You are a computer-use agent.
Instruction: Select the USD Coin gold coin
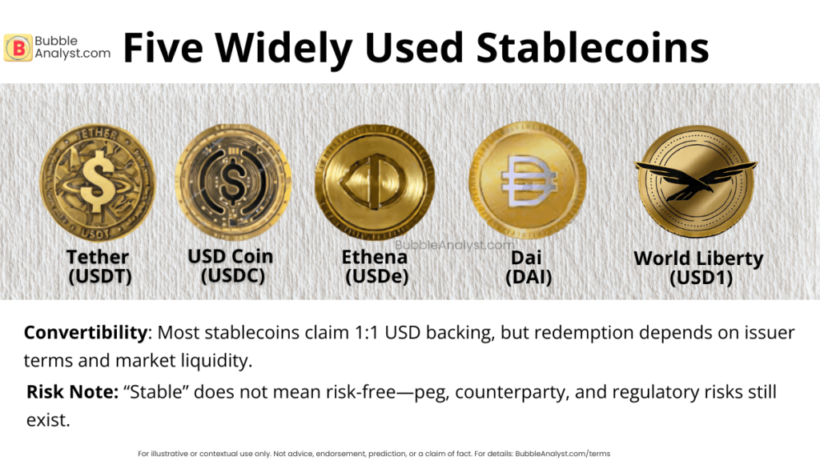point(233,182)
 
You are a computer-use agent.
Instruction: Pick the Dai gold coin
point(528,180)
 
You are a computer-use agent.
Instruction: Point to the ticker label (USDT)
point(98,277)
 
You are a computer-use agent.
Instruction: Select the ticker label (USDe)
point(375,277)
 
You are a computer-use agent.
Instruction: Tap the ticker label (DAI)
point(529,278)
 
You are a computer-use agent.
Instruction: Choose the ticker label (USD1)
point(698,279)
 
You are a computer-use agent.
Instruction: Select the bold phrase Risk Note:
point(71,392)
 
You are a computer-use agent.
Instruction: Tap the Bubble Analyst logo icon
point(18,47)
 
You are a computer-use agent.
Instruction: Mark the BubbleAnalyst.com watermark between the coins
point(454,246)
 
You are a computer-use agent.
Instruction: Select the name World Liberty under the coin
point(698,259)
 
